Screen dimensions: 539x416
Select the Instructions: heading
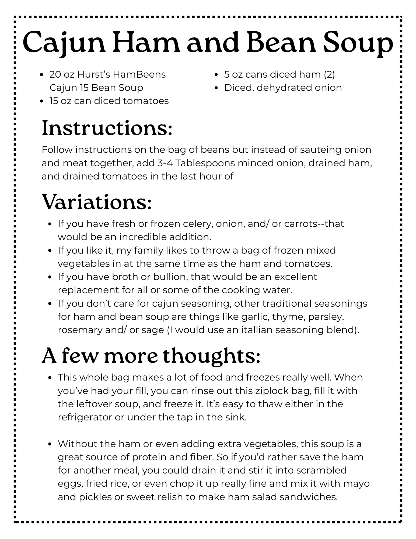click(x=107, y=128)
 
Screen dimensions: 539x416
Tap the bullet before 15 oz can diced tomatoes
click(x=41, y=101)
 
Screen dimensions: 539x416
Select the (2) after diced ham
click(x=329, y=74)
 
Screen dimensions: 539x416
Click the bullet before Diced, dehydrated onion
click(x=216, y=88)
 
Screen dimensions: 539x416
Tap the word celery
click(x=196, y=224)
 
